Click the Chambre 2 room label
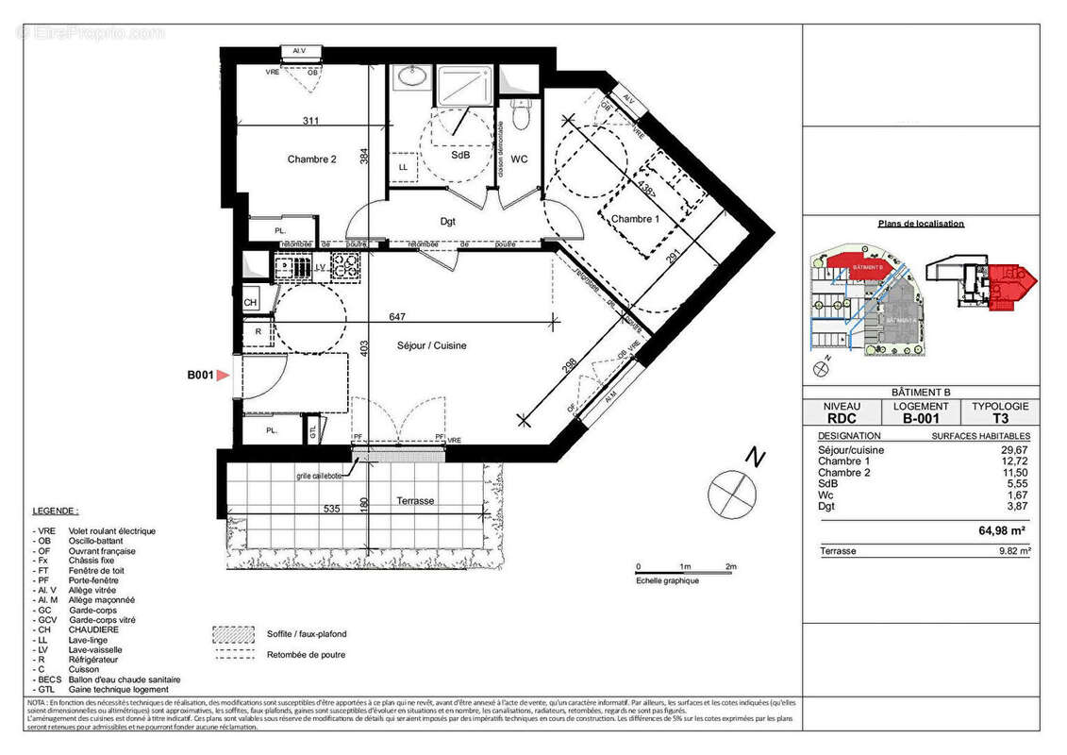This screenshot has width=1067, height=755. point(311,159)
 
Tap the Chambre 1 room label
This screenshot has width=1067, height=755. point(634,219)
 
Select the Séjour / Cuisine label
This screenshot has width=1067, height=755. point(432,345)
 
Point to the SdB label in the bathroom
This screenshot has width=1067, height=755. point(460,155)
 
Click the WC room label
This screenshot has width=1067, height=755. point(519,159)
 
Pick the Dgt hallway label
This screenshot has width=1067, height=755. point(448,222)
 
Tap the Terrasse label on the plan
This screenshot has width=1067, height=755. point(415,501)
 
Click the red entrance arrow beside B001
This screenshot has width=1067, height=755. point(224,376)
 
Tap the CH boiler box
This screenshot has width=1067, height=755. point(251,303)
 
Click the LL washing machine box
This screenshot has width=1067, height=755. point(403,167)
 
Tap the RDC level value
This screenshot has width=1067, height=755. point(842,419)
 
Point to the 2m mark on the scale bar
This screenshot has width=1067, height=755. point(730,566)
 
